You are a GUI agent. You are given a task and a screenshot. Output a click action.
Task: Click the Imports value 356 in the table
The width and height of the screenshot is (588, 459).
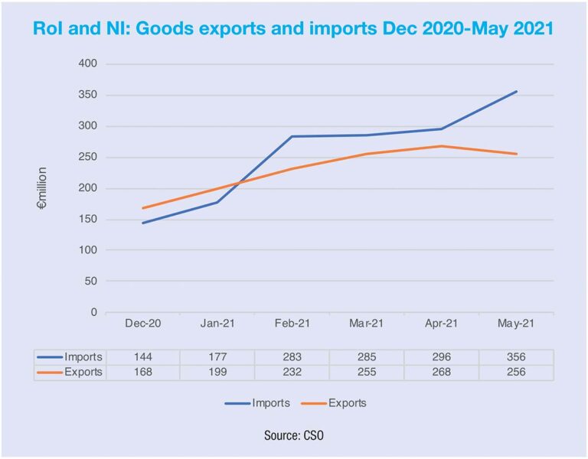tap(517, 357)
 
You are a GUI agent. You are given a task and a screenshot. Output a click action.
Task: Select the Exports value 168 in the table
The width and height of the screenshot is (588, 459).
tap(142, 373)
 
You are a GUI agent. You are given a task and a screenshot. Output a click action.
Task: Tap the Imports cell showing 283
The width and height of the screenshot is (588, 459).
tap(292, 357)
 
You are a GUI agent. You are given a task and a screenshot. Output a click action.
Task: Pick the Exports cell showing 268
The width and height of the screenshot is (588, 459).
tap(442, 373)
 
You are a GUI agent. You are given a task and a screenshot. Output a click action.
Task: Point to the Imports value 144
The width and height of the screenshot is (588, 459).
tap(142, 357)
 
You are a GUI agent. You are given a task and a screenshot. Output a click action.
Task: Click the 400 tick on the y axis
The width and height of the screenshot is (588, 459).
tap(88, 63)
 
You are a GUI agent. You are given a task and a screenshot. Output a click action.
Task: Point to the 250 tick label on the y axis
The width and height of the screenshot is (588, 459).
tap(88, 157)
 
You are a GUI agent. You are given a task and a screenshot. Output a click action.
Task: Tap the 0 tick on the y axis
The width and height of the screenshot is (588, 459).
tap(94, 312)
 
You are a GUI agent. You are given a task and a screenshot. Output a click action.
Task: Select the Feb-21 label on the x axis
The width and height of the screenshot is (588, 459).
tap(292, 324)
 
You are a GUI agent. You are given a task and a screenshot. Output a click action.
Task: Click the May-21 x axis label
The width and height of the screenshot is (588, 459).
tap(517, 324)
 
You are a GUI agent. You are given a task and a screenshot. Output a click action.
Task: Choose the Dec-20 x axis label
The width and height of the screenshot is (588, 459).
tap(142, 324)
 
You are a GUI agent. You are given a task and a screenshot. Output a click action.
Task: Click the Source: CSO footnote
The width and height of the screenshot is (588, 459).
tap(294, 435)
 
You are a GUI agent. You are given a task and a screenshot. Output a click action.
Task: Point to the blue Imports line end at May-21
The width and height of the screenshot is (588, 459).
tap(517, 92)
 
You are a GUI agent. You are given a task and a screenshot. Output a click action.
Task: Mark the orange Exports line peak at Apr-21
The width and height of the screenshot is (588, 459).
tap(442, 146)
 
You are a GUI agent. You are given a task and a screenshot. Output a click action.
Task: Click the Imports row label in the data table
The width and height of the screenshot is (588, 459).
tap(81, 357)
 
